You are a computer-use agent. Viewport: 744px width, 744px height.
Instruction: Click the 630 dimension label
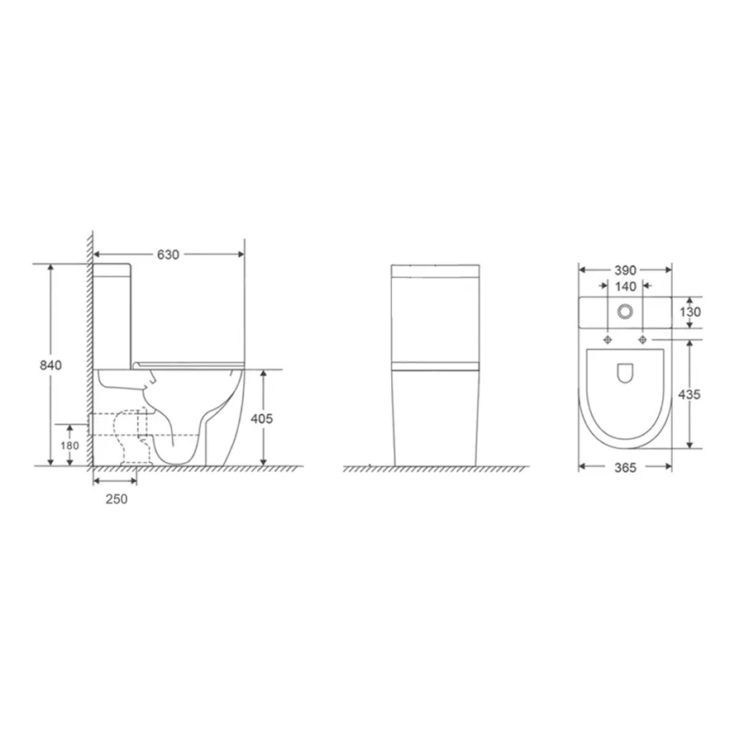point(168,255)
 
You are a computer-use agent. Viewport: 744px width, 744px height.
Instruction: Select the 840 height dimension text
point(50,365)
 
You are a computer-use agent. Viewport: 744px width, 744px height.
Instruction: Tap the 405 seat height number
point(262,418)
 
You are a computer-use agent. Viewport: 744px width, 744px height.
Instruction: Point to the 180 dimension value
point(69,446)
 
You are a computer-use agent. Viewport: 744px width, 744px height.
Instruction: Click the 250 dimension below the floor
point(117,499)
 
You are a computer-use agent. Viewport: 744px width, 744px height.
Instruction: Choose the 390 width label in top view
point(625,270)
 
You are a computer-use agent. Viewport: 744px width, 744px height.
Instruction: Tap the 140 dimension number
point(626,287)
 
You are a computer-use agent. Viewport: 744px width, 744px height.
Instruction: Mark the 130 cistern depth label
point(690,312)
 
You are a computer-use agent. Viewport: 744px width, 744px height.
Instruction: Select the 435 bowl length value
point(689,394)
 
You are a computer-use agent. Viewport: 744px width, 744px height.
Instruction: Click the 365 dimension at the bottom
point(625,467)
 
